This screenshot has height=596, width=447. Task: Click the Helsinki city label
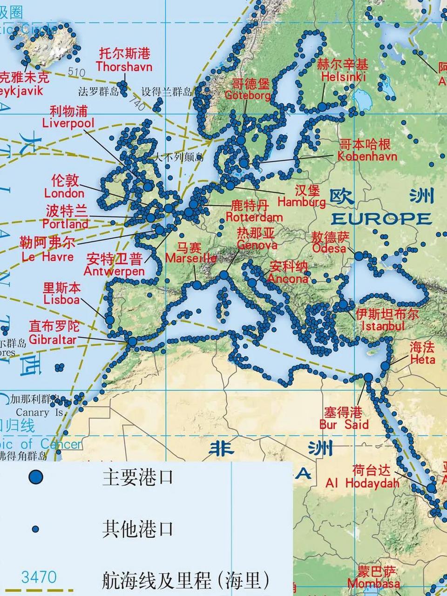pos(344,77)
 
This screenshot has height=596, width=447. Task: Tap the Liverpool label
pos(68,123)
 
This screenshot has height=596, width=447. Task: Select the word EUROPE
pos(381,219)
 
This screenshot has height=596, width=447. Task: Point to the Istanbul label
pos(383,326)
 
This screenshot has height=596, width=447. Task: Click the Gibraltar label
pos(52,339)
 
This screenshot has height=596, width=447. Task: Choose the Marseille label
pos(191,258)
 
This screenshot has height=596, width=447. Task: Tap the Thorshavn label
pos(124,67)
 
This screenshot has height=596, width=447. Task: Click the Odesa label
pos(329,248)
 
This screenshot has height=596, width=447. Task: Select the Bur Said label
pos(344,424)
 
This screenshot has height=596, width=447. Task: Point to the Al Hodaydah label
pos(363,483)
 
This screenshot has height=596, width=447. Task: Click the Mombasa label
pos(373,583)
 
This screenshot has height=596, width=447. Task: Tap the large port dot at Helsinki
pos(322,107)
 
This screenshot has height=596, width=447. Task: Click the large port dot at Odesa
pos(359,256)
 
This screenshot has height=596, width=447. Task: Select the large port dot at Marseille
pos(197,285)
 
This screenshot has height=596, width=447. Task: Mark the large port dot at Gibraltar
pos(132,341)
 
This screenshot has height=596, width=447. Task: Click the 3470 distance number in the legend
pos(39,577)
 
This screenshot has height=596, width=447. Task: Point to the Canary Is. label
pos(39,413)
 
